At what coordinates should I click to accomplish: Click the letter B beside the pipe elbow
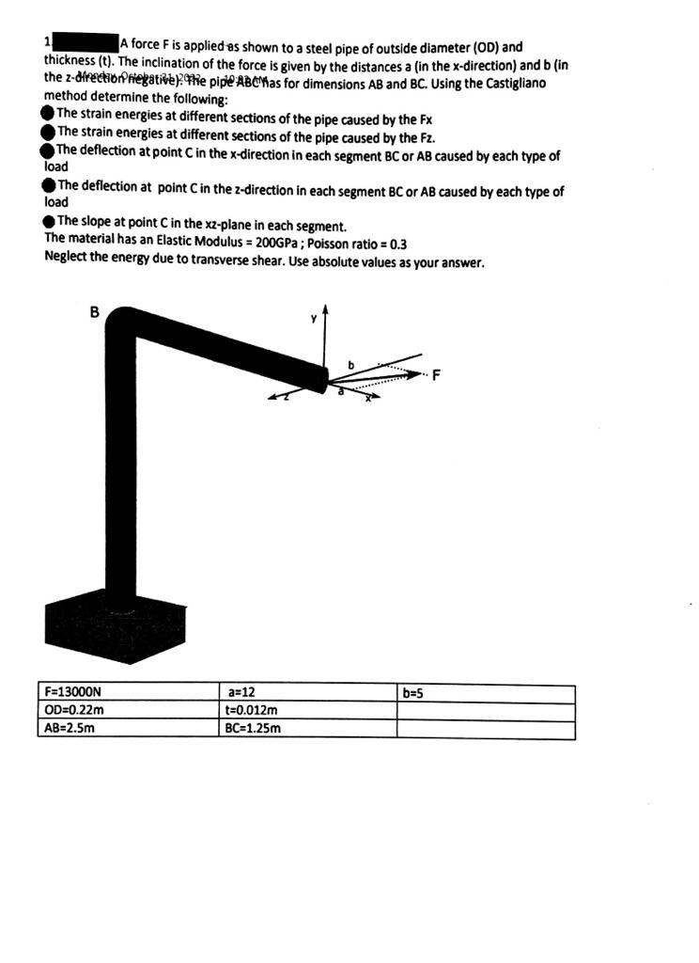pos(94,311)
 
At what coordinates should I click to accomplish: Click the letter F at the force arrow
pos(436,377)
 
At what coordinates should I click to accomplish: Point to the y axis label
pos(315,318)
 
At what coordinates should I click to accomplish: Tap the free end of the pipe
pos(320,378)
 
